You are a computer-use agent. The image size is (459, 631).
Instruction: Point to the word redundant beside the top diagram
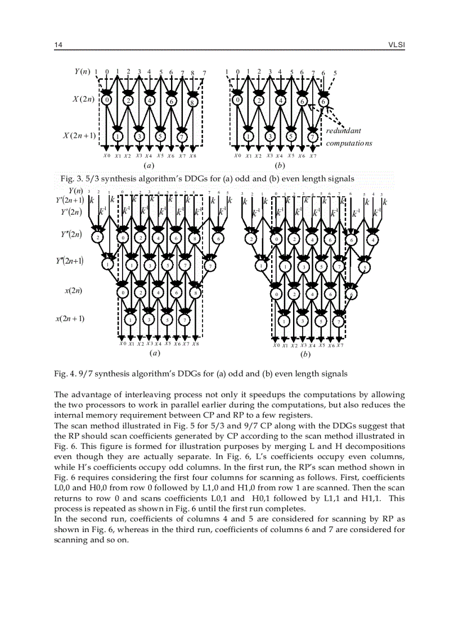click(x=343, y=131)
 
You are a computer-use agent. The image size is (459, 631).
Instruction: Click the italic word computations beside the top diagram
click(x=349, y=143)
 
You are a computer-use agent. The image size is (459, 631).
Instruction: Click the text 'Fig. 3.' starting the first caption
click(x=71, y=179)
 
